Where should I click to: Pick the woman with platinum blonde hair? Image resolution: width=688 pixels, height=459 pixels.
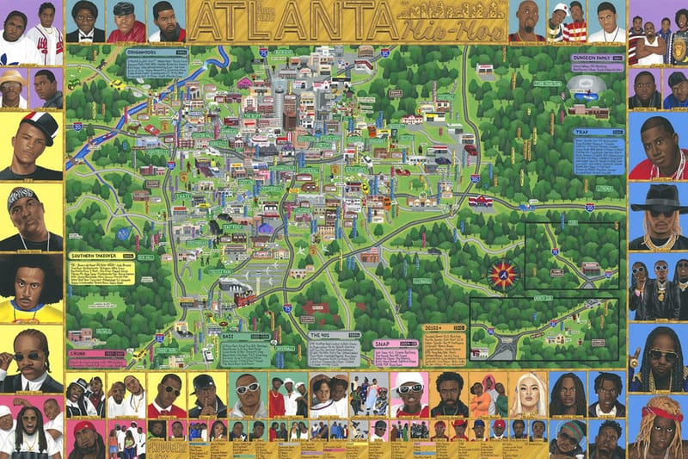(x=526, y=393)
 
